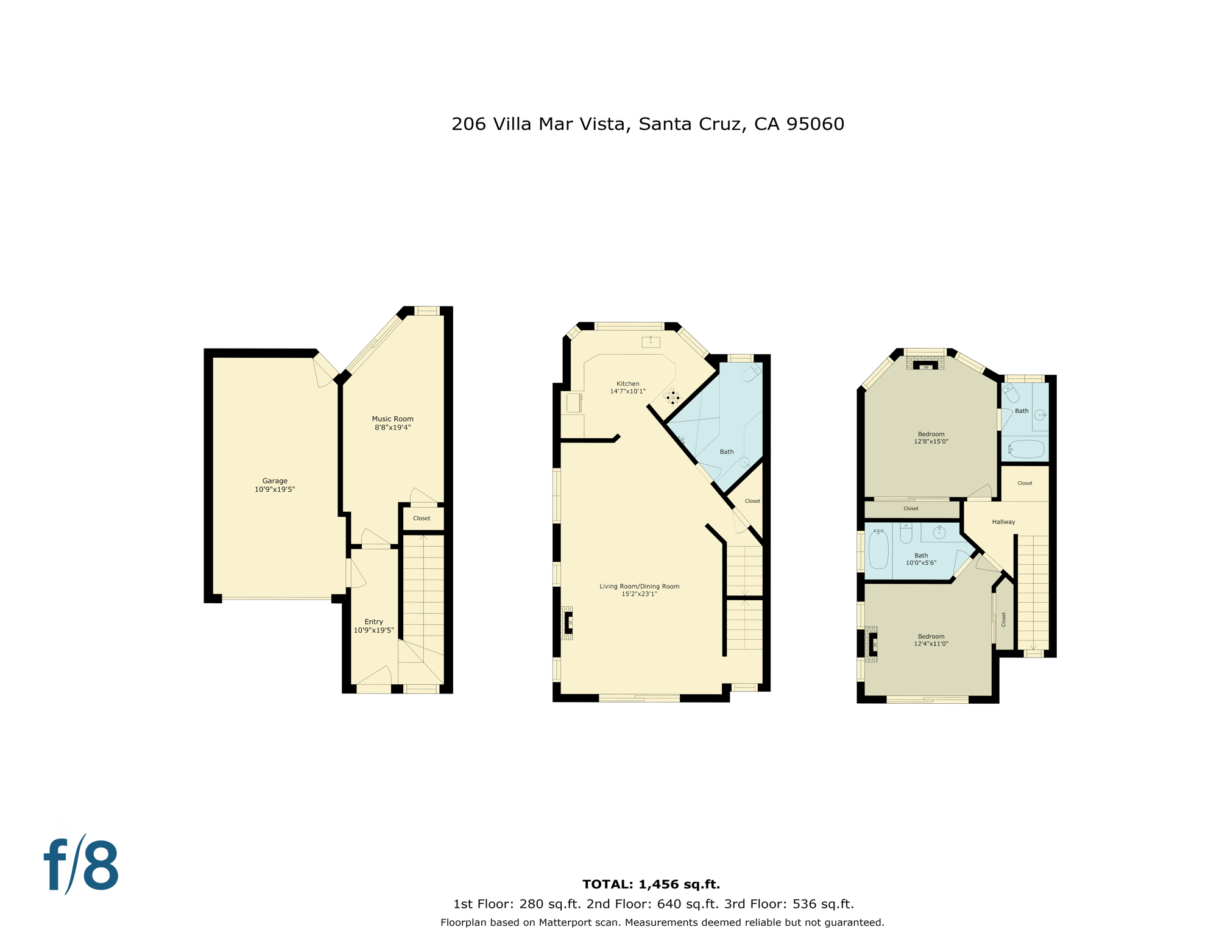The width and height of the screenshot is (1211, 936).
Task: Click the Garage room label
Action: tap(275, 481)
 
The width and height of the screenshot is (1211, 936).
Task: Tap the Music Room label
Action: tap(392, 419)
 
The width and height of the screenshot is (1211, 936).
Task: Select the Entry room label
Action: tap(373, 622)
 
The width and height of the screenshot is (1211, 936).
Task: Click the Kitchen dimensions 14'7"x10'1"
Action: tap(627, 392)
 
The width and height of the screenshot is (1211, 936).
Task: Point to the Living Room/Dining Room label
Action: tap(639, 586)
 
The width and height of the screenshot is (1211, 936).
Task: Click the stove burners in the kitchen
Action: tap(673, 397)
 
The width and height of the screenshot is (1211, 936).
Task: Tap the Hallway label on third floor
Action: tap(1003, 522)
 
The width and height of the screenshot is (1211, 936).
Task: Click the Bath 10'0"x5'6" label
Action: tap(921, 559)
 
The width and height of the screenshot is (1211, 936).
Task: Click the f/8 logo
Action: tap(82, 865)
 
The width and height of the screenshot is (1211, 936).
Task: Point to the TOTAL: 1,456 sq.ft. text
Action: tap(651, 884)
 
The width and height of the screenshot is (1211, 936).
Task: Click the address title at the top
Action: tap(648, 124)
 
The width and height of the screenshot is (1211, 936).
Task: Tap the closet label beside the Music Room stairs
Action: tap(422, 518)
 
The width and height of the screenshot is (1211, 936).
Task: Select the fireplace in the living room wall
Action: tap(568, 623)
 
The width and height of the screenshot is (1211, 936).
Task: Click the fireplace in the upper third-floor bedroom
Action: tap(925, 364)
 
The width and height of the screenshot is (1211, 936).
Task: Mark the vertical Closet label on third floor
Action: tap(1003, 620)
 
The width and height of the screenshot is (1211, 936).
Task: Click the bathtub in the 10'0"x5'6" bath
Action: tap(878, 550)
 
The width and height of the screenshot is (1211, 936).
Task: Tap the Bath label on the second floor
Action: tap(726, 452)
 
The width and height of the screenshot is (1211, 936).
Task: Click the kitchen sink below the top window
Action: tap(651, 342)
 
